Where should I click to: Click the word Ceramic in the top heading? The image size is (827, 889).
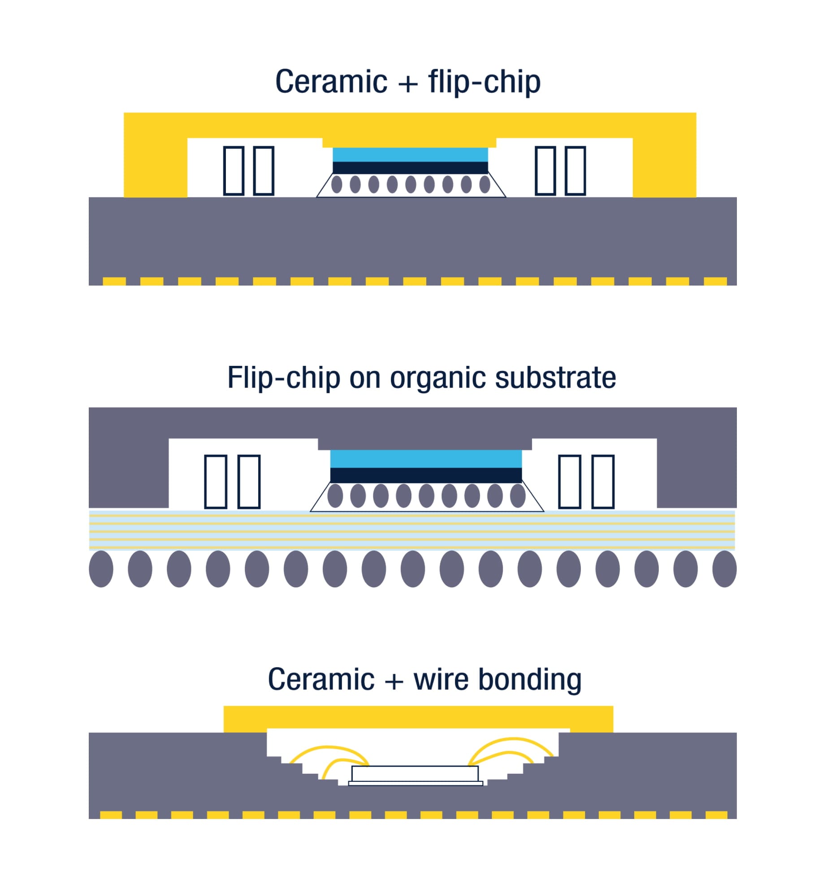point(331,82)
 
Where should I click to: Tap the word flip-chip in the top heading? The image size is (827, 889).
point(484,82)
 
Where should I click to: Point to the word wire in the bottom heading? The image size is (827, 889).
point(441,680)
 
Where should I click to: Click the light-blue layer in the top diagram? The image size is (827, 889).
point(410,155)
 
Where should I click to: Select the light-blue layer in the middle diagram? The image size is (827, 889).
point(426,459)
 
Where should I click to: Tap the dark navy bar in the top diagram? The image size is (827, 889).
point(410,168)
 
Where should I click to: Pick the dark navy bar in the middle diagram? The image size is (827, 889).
point(426,475)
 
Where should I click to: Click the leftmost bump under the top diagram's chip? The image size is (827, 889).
point(337,184)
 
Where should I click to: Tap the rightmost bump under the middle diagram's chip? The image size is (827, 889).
point(518,495)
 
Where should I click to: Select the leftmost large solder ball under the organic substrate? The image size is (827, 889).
point(101,569)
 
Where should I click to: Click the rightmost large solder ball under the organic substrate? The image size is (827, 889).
point(724,569)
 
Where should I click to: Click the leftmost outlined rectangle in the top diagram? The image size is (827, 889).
point(234,170)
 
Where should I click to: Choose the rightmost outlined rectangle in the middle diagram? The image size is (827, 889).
point(603,481)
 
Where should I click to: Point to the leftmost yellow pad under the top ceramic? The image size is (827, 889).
point(114,282)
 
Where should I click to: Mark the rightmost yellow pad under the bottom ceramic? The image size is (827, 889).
point(716,815)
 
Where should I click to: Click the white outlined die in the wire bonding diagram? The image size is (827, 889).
point(415,773)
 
